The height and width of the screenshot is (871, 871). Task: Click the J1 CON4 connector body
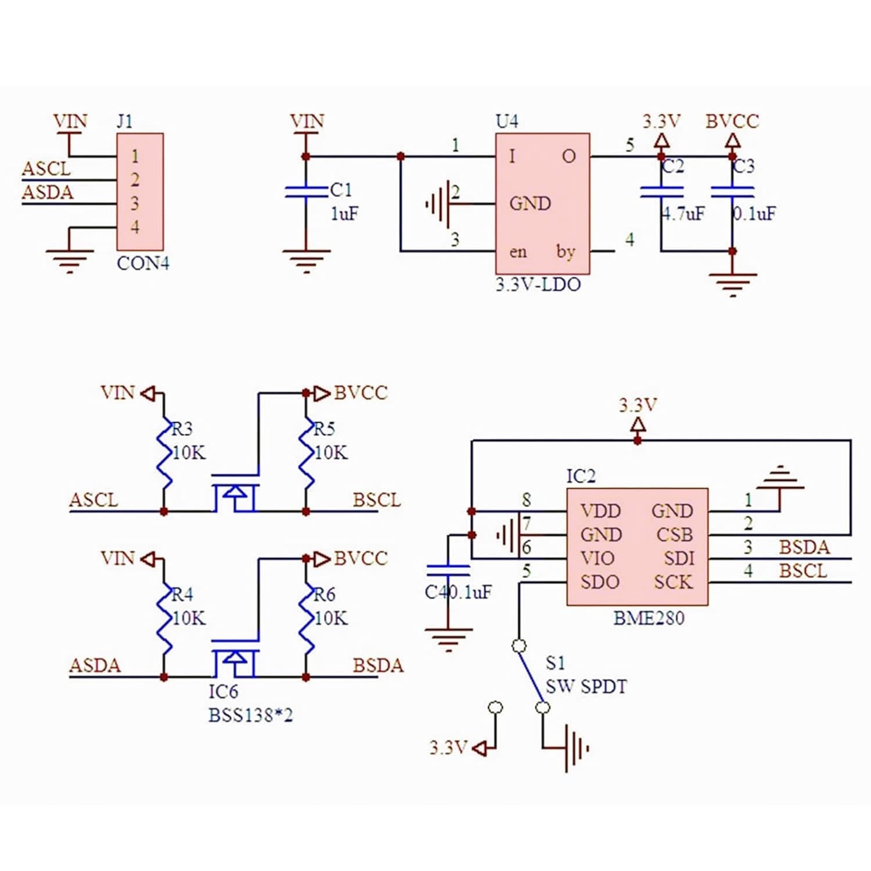pos(140,192)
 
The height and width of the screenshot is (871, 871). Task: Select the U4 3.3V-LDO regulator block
pos(542,203)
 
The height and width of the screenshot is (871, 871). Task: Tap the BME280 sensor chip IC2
pos(637,547)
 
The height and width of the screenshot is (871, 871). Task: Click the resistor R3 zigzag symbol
pos(164,453)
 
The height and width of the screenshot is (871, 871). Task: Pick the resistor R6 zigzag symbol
pos(306,618)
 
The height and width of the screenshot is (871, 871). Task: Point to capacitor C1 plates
pos(306,192)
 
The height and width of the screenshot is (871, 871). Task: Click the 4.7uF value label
pos(684,214)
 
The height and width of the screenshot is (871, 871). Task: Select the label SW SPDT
pos(586,687)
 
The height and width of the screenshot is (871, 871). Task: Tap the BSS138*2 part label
pos(251,715)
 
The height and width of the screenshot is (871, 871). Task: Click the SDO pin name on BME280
pos(600,582)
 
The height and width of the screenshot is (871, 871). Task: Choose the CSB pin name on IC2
pos(675,534)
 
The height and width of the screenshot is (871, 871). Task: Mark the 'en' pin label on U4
pos(518,252)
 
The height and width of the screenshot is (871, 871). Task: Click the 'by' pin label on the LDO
pos(566,252)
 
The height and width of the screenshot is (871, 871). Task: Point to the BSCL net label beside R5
pos(377,500)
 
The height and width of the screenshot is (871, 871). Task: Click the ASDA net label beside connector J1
pos(48,192)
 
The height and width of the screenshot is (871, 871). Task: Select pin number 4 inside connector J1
pos(135,227)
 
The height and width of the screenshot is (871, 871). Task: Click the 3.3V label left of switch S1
pos(448,747)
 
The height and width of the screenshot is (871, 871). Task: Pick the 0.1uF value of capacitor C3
pos(754,214)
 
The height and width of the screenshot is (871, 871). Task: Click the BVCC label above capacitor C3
pos(732,121)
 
